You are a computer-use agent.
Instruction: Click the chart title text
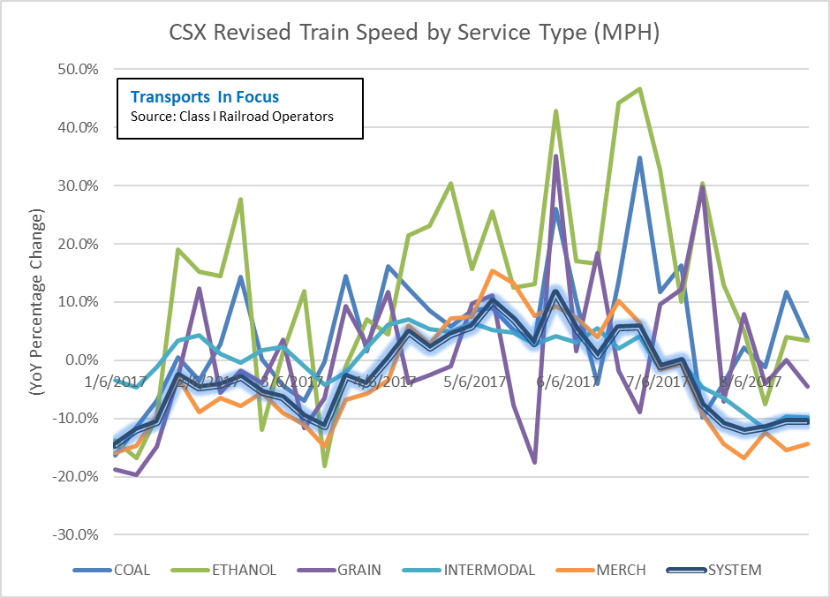tap(414, 34)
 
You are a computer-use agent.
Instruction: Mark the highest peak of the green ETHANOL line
tap(639, 88)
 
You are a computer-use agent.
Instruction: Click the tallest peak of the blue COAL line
tap(639, 158)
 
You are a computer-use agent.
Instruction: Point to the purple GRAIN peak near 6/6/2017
tap(555, 155)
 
